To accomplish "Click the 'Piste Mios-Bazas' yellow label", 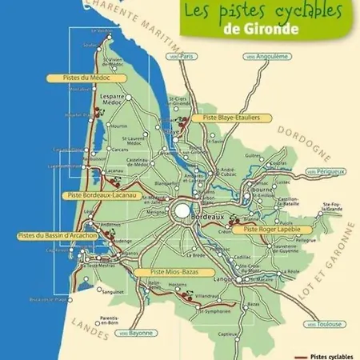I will click(x=166, y=271).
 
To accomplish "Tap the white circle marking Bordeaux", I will click(x=183, y=211).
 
